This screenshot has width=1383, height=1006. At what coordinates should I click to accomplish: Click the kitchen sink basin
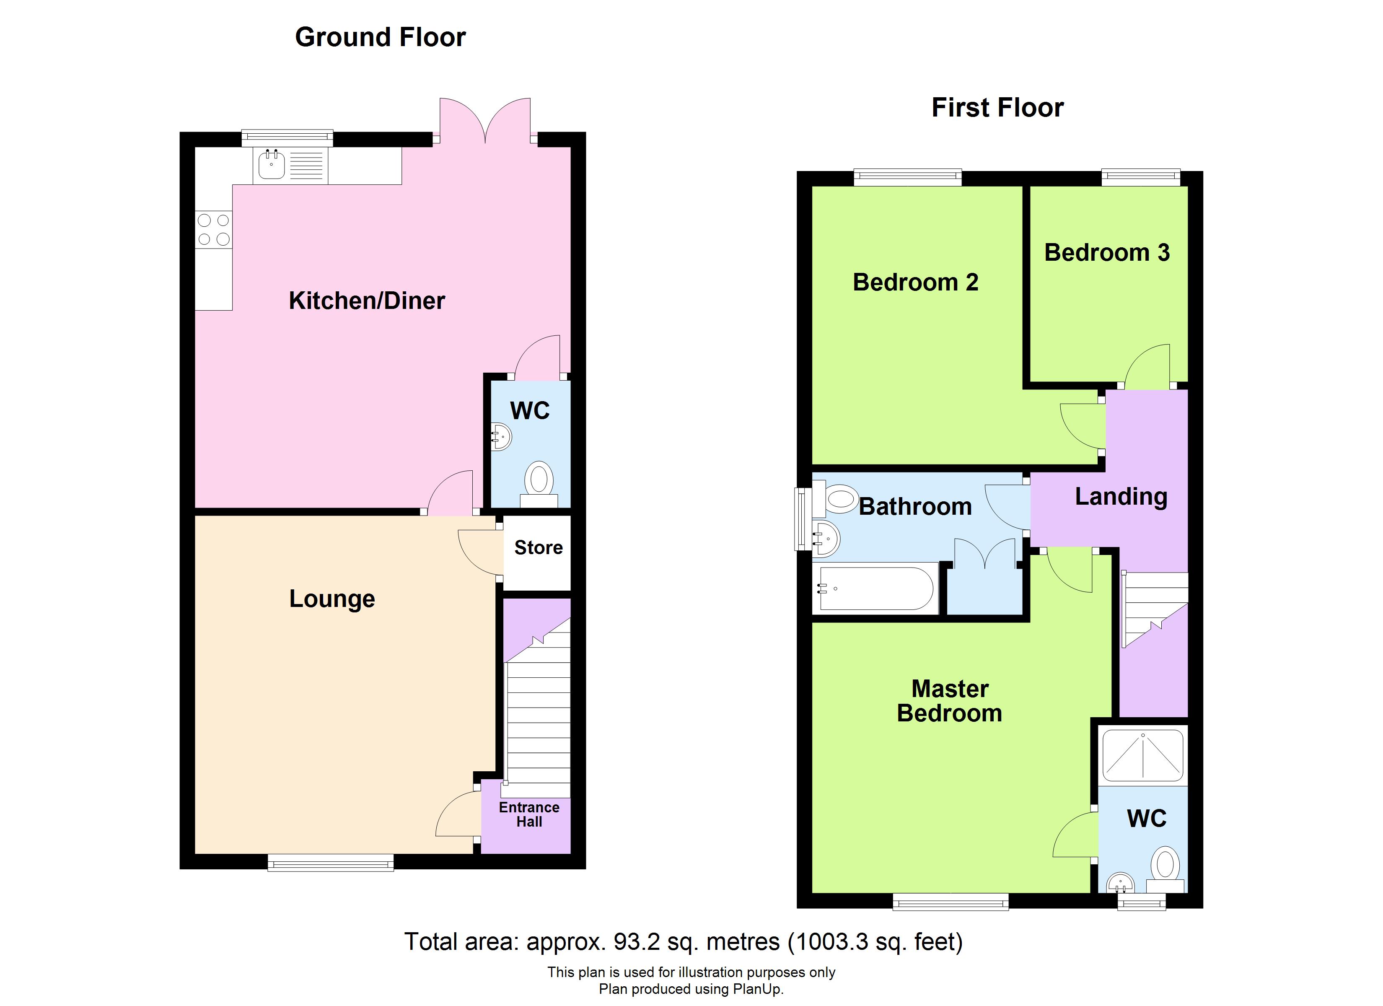(x=271, y=165)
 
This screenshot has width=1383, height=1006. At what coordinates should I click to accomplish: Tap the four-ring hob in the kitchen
(x=213, y=229)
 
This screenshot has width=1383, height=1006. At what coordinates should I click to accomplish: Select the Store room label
(x=538, y=548)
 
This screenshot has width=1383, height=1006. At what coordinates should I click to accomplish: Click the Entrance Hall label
(x=529, y=814)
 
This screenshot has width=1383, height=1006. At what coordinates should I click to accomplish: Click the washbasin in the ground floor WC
(x=501, y=437)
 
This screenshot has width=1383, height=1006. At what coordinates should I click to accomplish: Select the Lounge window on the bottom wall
(x=331, y=862)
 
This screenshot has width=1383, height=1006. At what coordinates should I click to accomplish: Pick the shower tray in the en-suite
(x=1143, y=757)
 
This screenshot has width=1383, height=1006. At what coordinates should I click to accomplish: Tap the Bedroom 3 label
(x=1107, y=253)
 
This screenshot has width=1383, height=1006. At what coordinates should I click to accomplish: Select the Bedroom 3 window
(x=1140, y=178)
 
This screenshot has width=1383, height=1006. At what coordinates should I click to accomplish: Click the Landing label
(x=1121, y=497)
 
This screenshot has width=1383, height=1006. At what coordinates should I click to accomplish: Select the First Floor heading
(x=997, y=108)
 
